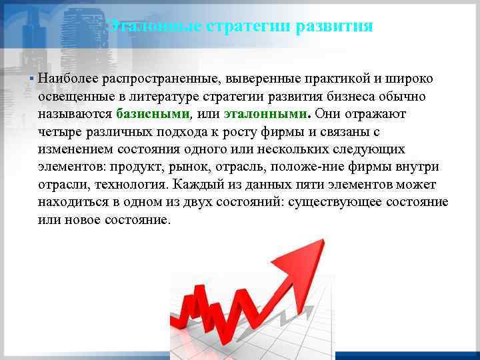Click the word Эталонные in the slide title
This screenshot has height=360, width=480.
[144, 27]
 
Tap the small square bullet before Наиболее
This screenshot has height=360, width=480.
[32, 79]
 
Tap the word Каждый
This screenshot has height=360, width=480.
[193, 183]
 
